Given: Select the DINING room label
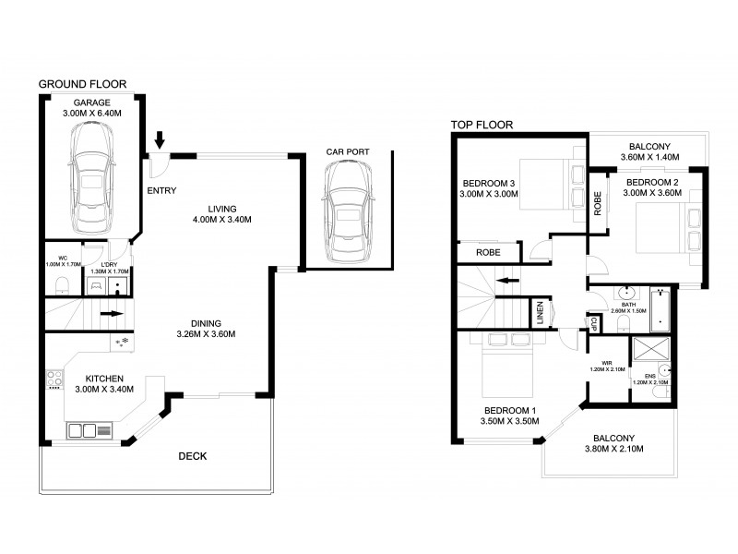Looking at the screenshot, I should pos(205,323).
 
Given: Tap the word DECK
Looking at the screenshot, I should pos(192,456).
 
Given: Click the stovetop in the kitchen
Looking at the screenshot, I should pos(53,379).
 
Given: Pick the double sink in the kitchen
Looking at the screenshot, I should pos(82,430).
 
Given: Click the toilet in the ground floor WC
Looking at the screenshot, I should pos(59,283).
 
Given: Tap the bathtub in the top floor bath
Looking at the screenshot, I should pos(660,310).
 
